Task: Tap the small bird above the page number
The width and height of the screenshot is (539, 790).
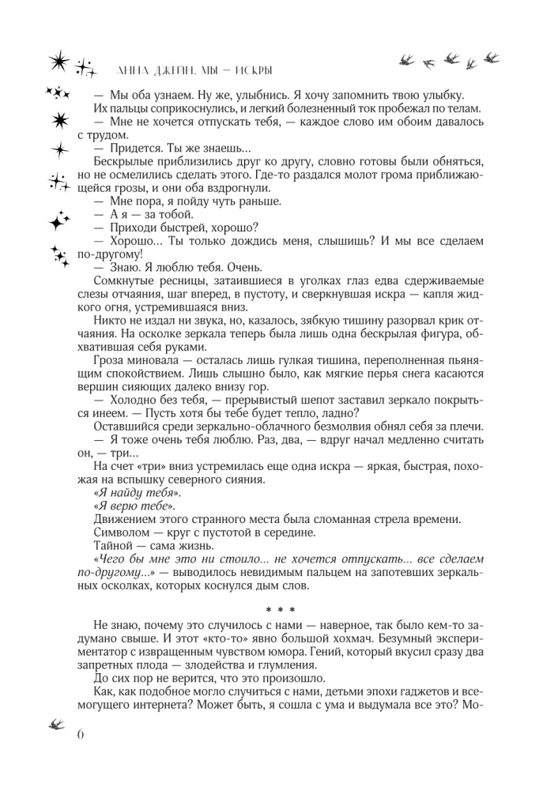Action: [x=58, y=723]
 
